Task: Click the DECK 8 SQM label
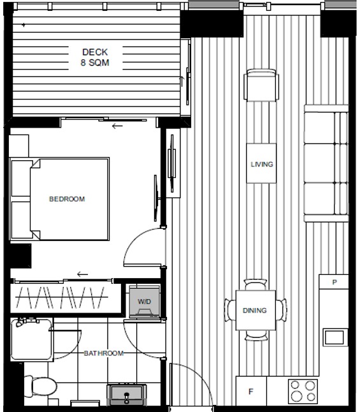pyautogui.click(x=95, y=57)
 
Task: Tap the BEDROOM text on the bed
pyautogui.click(x=67, y=199)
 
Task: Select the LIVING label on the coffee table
pyautogui.click(x=261, y=164)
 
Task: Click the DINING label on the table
pyautogui.click(x=254, y=311)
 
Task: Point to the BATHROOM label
pyautogui.click(x=103, y=353)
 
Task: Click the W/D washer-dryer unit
pyautogui.click(x=145, y=302)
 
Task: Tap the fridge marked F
pyautogui.click(x=251, y=391)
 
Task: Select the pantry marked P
pyautogui.click(x=334, y=282)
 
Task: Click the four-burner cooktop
pyautogui.click(x=303, y=392)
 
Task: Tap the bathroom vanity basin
pyautogui.click(x=127, y=395)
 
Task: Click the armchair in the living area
pyautogui.click(x=261, y=85)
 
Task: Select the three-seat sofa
pyautogui.click(x=326, y=163)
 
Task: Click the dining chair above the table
pyautogui.click(x=256, y=285)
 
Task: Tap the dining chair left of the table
pyautogui.click(x=230, y=310)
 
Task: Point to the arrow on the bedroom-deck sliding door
pyautogui.click(x=117, y=126)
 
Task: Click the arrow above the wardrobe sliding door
pyautogui.click(x=82, y=274)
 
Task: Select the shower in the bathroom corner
pyautogui.click(x=32, y=339)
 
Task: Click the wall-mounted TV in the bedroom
pyautogui.click(x=156, y=198)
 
